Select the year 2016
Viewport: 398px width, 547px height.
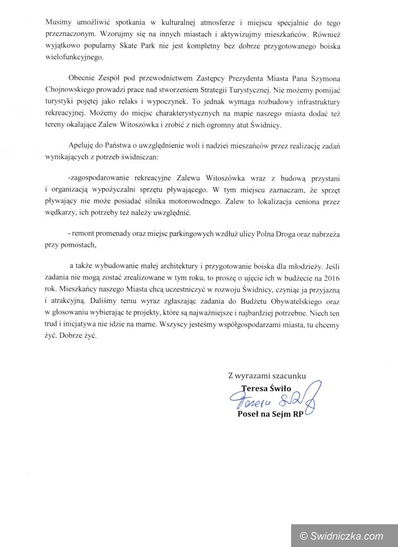(x=328, y=277)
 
